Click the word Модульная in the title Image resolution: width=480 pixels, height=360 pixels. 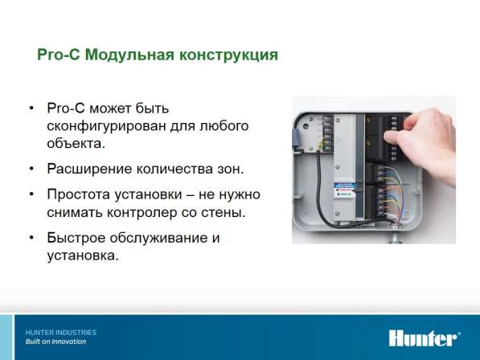tap(129, 55)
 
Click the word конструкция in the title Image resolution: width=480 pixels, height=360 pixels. tap(228, 55)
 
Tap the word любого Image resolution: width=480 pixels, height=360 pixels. tap(224, 126)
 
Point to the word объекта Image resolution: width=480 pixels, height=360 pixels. tap(76, 144)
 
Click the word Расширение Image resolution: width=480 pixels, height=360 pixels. tap(89, 169)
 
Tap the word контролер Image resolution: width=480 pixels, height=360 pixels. tap(142, 213)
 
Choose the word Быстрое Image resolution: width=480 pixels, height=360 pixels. tap(76, 238)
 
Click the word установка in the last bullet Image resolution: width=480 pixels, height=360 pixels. tap(82, 256)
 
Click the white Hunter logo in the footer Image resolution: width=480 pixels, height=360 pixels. tap(425, 337)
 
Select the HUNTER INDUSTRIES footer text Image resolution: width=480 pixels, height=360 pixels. tap(61, 333)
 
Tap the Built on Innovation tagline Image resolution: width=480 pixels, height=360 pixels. tap(55, 342)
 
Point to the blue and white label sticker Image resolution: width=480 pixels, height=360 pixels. tap(345, 190)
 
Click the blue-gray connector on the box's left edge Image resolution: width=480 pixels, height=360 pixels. tap(295, 140)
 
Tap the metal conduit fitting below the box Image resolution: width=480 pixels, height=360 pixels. tap(396, 235)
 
